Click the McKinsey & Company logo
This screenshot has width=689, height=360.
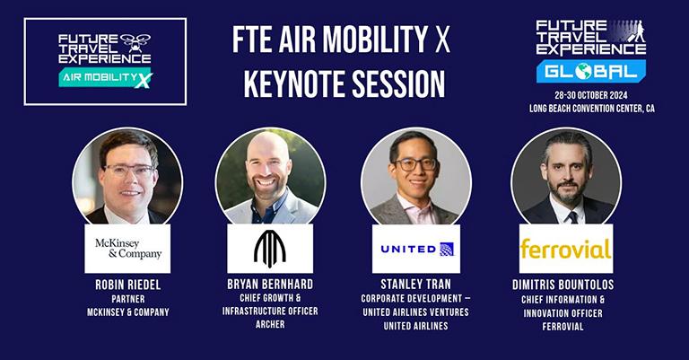point(128,249)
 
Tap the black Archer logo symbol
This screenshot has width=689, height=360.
point(270,249)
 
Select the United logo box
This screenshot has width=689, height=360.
point(416,249)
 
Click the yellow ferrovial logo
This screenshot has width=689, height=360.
point(565,249)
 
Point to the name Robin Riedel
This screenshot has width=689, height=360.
point(128,285)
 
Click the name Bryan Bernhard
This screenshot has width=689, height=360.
point(270,284)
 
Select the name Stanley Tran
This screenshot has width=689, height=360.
point(415,284)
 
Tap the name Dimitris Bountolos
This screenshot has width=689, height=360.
point(563,285)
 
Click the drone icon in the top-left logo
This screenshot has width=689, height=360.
point(135,42)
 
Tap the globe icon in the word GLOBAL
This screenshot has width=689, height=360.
point(583,71)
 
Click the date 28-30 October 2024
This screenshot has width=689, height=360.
point(591,95)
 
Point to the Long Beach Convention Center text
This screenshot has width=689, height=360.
point(592,108)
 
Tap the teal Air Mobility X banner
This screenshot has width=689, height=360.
point(106,77)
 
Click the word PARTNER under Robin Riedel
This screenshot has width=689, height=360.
point(128,299)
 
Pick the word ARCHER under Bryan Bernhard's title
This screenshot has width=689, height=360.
point(270,324)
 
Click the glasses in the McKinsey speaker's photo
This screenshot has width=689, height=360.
point(129,170)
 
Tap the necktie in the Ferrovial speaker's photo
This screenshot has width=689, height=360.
point(573,216)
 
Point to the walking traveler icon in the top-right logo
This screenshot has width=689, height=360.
point(638,31)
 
